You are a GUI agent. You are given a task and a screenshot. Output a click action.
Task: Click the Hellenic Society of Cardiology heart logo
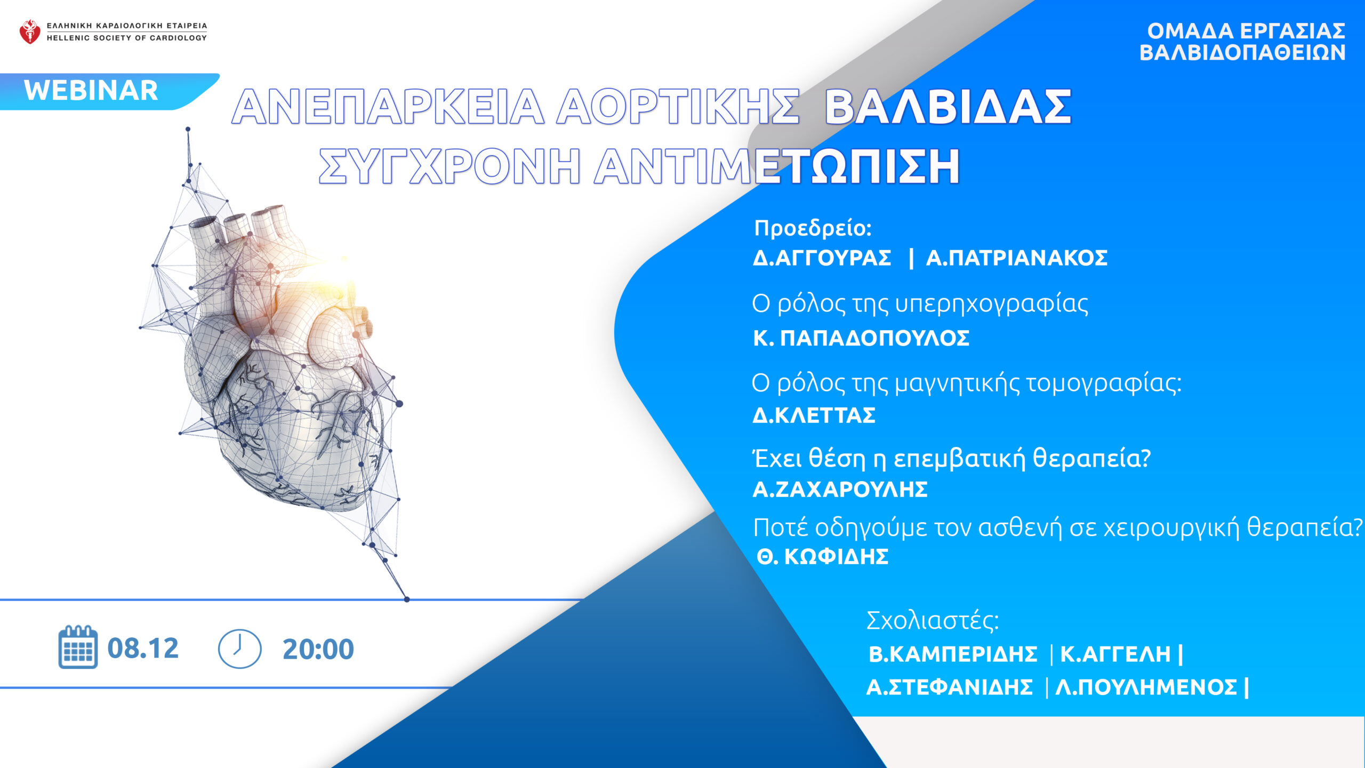tap(30, 31)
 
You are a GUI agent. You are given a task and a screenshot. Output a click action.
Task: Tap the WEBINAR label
tap(91, 90)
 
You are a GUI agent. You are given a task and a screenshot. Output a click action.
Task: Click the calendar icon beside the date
tap(78, 647)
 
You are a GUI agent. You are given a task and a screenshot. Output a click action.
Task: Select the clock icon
tap(240, 649)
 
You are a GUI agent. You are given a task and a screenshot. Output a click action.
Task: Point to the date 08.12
tap(143, 649)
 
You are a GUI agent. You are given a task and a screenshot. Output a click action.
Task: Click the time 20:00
tap(318, 649)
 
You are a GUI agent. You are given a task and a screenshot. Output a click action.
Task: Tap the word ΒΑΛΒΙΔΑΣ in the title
tap(948, 107)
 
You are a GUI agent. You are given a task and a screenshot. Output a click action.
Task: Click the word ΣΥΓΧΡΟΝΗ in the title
tap(449, 166)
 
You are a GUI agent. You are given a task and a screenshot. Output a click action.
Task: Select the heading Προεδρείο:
tap(813, 228)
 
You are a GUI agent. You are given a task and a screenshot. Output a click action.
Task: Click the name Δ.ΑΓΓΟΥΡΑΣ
tap(822, 258)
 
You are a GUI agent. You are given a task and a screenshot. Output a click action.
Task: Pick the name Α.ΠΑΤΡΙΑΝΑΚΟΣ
tap(1017, 258)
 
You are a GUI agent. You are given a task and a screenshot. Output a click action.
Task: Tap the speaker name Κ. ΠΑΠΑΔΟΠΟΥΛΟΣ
tap(861, 338)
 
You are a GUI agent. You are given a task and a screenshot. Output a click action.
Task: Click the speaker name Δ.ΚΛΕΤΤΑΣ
tap(814, 415)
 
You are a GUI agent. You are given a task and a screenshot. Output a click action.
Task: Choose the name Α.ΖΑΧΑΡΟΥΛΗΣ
tap(840, 489)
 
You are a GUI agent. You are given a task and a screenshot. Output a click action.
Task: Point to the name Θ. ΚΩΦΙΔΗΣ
tap(823, 557)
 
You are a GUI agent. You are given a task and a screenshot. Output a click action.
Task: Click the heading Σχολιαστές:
tap(933, 620)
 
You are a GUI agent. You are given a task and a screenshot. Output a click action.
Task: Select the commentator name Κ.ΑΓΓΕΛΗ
tap(1115, 654)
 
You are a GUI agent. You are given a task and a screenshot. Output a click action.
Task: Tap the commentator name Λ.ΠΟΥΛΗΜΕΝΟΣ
tap(1146, 687)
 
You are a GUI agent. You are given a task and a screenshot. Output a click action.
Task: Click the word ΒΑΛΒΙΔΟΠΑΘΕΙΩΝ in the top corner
tap(1242, 53)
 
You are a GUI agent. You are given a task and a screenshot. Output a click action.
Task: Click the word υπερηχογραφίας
tap(992, 304)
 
